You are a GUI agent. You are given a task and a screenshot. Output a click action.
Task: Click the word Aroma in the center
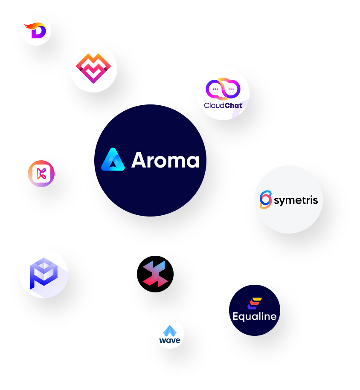(165, 160)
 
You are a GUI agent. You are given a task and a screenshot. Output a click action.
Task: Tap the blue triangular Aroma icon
(113, 159)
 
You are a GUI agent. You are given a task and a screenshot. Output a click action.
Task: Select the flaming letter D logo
(36, 31)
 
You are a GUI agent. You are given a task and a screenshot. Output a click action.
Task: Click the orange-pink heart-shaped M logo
(93, 68)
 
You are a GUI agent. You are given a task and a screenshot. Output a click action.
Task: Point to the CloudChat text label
(223, 105)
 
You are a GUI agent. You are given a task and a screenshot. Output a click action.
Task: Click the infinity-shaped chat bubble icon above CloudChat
(223, 89)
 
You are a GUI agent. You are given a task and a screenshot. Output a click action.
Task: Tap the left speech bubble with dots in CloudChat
(215, 90)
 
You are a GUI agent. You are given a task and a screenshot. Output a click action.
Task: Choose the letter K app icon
(41, 173)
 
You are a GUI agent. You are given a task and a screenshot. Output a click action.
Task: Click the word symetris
(296, 200)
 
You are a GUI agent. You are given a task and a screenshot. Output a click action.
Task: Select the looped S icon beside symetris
(266, 199)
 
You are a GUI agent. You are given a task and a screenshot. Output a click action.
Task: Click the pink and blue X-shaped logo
(155, 274)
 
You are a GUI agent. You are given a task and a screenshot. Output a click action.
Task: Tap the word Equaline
(254, 316)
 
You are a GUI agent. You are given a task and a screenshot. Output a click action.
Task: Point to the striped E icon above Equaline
(255, 303)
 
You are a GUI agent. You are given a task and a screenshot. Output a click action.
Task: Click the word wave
(170, 341)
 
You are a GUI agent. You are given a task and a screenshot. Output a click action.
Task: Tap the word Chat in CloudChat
(233, 105)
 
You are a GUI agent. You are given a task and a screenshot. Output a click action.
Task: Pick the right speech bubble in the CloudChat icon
(231, 90)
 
